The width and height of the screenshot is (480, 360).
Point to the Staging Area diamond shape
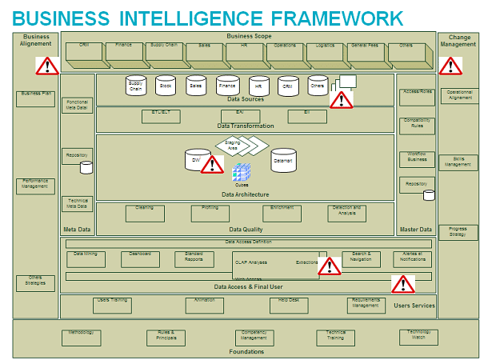(x=238, y=146)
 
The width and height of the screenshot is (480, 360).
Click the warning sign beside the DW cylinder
(x=212, y=165)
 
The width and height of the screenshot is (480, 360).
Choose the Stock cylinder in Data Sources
(x=165, y=86)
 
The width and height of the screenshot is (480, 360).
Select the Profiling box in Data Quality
(x=210, y=213)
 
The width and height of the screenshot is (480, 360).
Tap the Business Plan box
(x=35, y=98)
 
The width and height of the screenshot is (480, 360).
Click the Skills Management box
(x=458, y=163)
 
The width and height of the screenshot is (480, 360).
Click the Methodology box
(x=82, y=338)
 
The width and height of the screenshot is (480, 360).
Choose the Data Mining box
(x=85, y=259)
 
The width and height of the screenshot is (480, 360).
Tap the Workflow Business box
(x=417, y=158)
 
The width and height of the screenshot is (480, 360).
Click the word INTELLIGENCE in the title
(x=195, y=17)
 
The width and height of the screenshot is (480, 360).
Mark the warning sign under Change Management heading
(x=450, y=66)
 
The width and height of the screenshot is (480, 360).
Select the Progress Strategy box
(x=458, y=232)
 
